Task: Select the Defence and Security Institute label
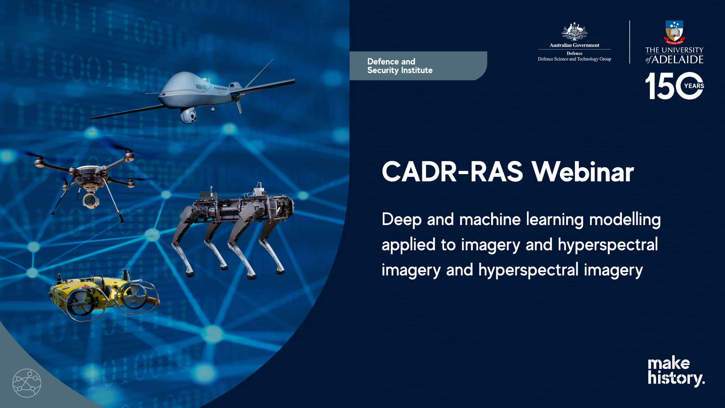(x=400, y=66)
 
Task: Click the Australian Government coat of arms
(x=574, y=32)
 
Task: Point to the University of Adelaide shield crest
(x=674, y=32)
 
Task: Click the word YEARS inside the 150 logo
(x=694, y=86)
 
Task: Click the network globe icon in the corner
(x=27, y=383)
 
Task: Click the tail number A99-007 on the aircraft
(x=201, y=86)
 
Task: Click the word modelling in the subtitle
(x=625, y=220)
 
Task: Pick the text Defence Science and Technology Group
(x=574, y=59)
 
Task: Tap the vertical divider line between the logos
(x=630, y=42)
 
